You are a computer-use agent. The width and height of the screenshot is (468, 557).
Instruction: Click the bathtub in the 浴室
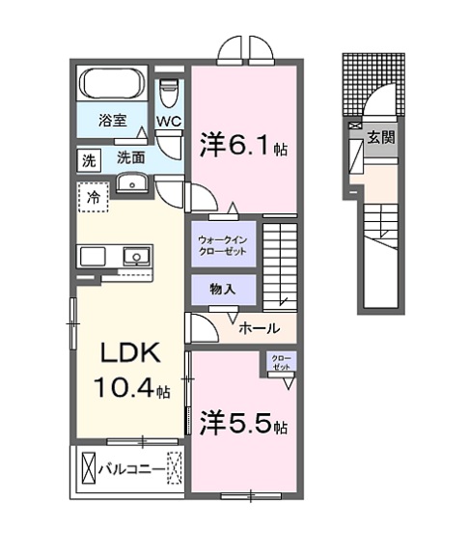click(x=113, y=83)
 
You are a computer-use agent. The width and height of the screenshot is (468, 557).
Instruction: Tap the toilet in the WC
click(x=168, y=93)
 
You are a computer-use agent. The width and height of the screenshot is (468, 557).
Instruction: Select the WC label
click(x=169, y=122)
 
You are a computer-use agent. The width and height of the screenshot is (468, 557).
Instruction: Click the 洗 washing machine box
click(x=89, y=161)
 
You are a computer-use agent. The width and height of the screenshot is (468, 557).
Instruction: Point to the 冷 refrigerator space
click(x=94, y=197)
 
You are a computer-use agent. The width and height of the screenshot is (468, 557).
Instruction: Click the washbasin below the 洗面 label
click(x=132, y=183)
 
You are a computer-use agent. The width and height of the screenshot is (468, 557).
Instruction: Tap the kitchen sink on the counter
click(x=136, y=256)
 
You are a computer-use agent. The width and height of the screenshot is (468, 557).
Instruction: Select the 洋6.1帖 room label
click(x=243, y=146)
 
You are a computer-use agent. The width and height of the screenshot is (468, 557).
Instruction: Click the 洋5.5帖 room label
click(x=243, y=424)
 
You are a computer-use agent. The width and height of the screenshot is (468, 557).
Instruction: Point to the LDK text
click(x=130, y=352)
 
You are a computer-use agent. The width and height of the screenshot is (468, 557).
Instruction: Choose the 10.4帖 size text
click(x=132, y=387)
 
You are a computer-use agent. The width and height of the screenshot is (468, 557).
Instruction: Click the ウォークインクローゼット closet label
click(x=223, y=245)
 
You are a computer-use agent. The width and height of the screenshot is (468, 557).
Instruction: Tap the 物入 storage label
click(x=223, y=290)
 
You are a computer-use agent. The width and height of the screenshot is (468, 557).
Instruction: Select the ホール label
click(x=260, y=328)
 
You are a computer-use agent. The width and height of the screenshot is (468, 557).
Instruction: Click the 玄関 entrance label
click(x=381, y=137)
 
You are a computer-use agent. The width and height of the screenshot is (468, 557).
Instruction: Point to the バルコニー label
click(x=132, y=469)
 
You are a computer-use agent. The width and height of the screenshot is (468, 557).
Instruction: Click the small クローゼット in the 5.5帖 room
click(x=281, y=362)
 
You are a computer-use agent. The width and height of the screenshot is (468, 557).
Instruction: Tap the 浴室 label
click(x=113, y=121)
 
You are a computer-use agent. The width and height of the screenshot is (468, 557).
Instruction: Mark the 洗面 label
click(x=131, y=157)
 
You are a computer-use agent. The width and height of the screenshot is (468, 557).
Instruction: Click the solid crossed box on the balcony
click(x=89, y=468)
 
